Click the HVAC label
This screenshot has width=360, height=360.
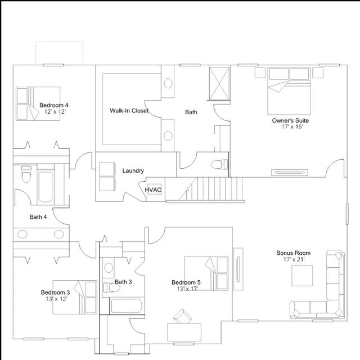click(153, 190)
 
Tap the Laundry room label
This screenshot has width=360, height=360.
click(133, 170)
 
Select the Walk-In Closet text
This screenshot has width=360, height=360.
click(129, 111)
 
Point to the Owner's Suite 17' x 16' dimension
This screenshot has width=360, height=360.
click(292, 127)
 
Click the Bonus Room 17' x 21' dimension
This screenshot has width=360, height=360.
click(294, 259)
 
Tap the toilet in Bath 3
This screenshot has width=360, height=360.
click(111, 287)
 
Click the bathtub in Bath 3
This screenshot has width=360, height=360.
click(127, 306)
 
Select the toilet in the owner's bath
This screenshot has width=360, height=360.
click(219, 164)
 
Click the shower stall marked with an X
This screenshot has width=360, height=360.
click(219, 84)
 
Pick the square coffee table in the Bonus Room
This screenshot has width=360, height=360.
click(302, 276)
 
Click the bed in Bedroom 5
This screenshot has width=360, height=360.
click(206, 273)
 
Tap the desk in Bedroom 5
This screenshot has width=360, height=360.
click(184, 332)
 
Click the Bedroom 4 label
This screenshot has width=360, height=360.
click(54, 105)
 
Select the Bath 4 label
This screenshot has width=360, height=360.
click(38, 217)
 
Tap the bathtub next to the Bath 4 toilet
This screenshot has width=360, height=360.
click(46, 187)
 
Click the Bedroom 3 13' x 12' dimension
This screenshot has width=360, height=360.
click(56, 299)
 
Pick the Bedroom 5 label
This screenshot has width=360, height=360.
click(186, 282)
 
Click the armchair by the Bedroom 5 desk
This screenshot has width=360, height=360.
click(182, 316)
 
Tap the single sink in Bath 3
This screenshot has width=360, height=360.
click(109, 268)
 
